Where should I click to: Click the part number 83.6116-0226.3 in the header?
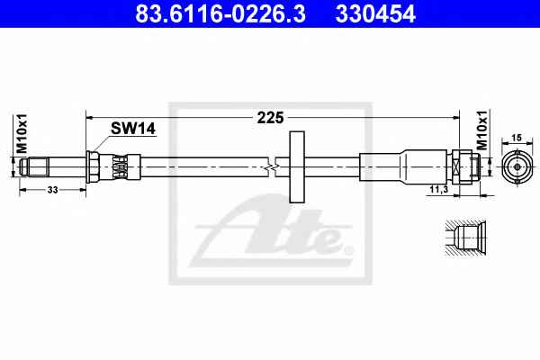[x=220, y=13]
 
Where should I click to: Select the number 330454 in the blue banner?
[x=375, y=13]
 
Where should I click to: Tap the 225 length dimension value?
[x=270, y=118]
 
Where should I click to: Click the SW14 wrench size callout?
[x=133, y=129]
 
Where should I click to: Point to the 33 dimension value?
[x=52, y=190]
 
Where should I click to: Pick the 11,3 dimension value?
[x=438, y=189]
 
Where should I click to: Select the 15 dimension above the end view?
[x=517, y=138]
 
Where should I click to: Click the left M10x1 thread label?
[x=22, y=134]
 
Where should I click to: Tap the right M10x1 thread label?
[x=482, y=130]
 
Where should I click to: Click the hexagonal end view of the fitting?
[x=517, y=167]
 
